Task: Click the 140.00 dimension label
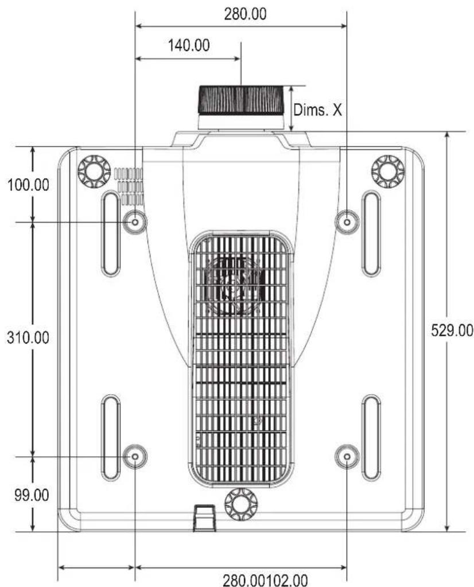(189, 45)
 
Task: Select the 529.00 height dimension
(452, 331)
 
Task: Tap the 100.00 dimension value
(29, 185)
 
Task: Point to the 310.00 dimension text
(28, 337)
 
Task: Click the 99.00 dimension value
(32, 495)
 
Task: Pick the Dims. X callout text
(317, 110)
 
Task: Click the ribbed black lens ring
(241, 100)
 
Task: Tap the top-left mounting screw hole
(135, 222)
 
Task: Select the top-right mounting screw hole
(347, 222)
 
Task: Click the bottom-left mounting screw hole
(135, 457)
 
